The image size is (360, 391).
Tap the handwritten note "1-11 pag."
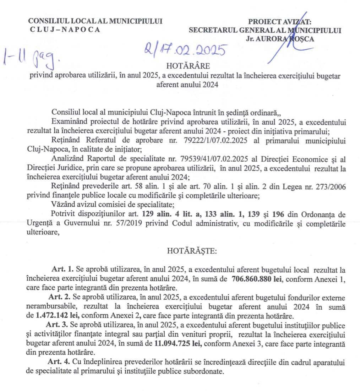(x=32, y=59)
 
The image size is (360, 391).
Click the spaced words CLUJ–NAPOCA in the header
(x=65, y=29)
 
